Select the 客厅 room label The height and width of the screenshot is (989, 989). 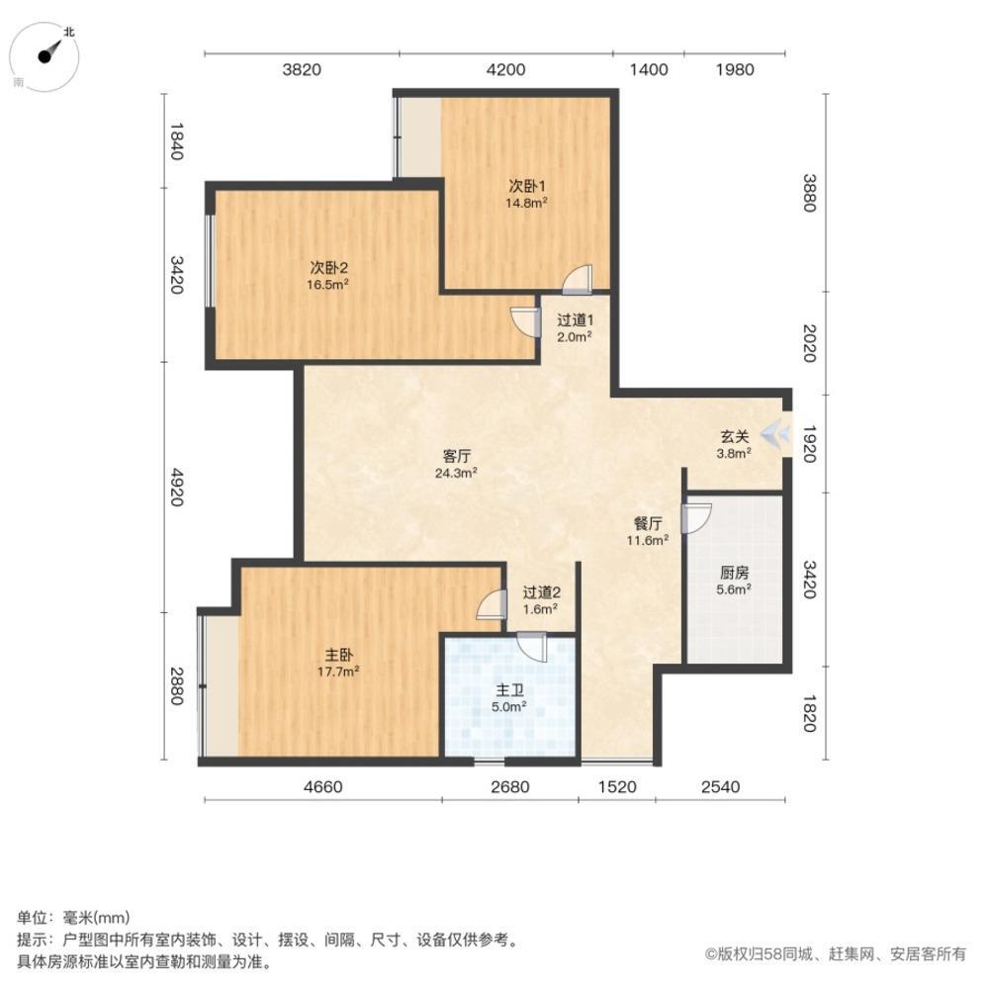click(456, 456)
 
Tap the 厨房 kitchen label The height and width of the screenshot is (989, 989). click(733, 572)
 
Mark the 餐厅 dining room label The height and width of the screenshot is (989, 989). click(648, 523)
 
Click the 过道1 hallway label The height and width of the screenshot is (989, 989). click(574, 319)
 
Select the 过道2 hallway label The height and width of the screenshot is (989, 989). click(541, 592)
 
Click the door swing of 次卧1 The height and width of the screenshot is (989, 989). click(577, 280)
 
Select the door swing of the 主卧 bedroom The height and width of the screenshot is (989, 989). click(490, 606)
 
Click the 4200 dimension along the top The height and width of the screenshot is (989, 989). click(506, 69)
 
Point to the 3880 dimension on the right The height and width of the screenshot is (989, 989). click(810, 193)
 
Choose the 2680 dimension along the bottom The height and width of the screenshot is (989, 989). click(510, 787)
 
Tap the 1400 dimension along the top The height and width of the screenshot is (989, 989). click(649, 69)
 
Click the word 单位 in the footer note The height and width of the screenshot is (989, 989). click(32, 917)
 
